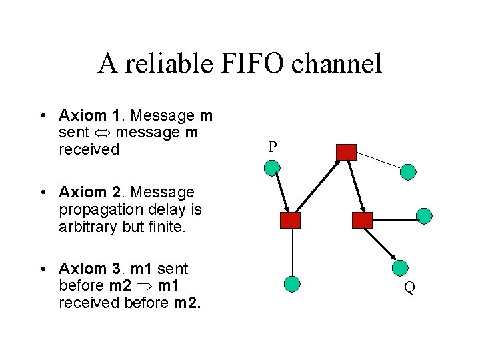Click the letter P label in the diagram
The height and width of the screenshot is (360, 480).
[x=272, y=147]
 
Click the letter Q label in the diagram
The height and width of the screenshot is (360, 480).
[x=410, y=288]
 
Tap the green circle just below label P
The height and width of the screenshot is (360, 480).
[x=272, y=168]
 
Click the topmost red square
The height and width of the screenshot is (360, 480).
[x=346, y=152]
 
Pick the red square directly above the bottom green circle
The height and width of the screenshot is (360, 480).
[x=291, y=221]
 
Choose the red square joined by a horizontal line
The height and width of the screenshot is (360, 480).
[x=362, y=221]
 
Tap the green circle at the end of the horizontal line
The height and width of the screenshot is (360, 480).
[x=424, y=215]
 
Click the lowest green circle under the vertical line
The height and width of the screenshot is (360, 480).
[x=292, y=285]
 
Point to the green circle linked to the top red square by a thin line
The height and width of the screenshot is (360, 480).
[x=408, y=172]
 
